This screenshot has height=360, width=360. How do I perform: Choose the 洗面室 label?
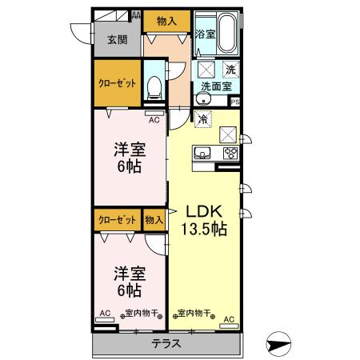click(x=215, y=86)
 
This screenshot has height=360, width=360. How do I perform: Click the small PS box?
click(x=235, y=102)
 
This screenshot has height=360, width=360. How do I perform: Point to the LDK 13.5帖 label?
click(x=206, y=220)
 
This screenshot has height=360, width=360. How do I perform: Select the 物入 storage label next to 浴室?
click(x=166, y=20)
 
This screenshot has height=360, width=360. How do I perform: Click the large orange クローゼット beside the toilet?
click(x=117, y=83)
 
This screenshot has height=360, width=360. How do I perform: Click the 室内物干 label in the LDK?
click(x=193, y=313)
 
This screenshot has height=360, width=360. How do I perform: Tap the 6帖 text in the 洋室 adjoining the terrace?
click(x=128, y=290)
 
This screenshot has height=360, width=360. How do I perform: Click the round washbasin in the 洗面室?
click(x=203, y=100)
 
